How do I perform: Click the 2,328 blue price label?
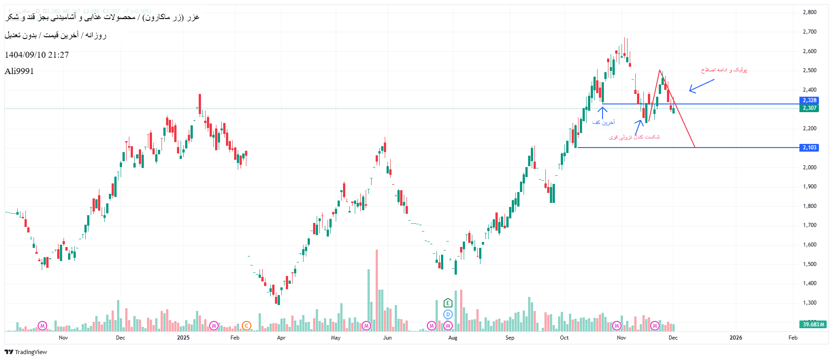[x=809, y=100]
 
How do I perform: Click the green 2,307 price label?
[x=809, y=108]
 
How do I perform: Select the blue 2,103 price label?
[x=809, y=148]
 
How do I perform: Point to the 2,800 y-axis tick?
[x=809, y=12]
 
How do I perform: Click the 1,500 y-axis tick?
[x=809, y=264]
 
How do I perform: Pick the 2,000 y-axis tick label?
[x=809, y=168]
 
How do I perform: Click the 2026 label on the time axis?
[x=735, y=338]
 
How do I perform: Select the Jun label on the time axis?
[x=387, y=338]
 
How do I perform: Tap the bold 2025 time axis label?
[x=183, y=338]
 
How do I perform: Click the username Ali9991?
[x=19, y=71]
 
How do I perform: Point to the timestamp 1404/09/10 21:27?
[x=37, y=55]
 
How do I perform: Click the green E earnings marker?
[x=448, y=303]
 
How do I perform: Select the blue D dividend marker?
[x=448, y=314]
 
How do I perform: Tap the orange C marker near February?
[x=246, y=325]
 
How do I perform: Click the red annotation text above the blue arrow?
[x=724, y=70]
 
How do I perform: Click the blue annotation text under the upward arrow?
[x=603, y=123]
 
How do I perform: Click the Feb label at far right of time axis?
[x=793, y=338]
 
